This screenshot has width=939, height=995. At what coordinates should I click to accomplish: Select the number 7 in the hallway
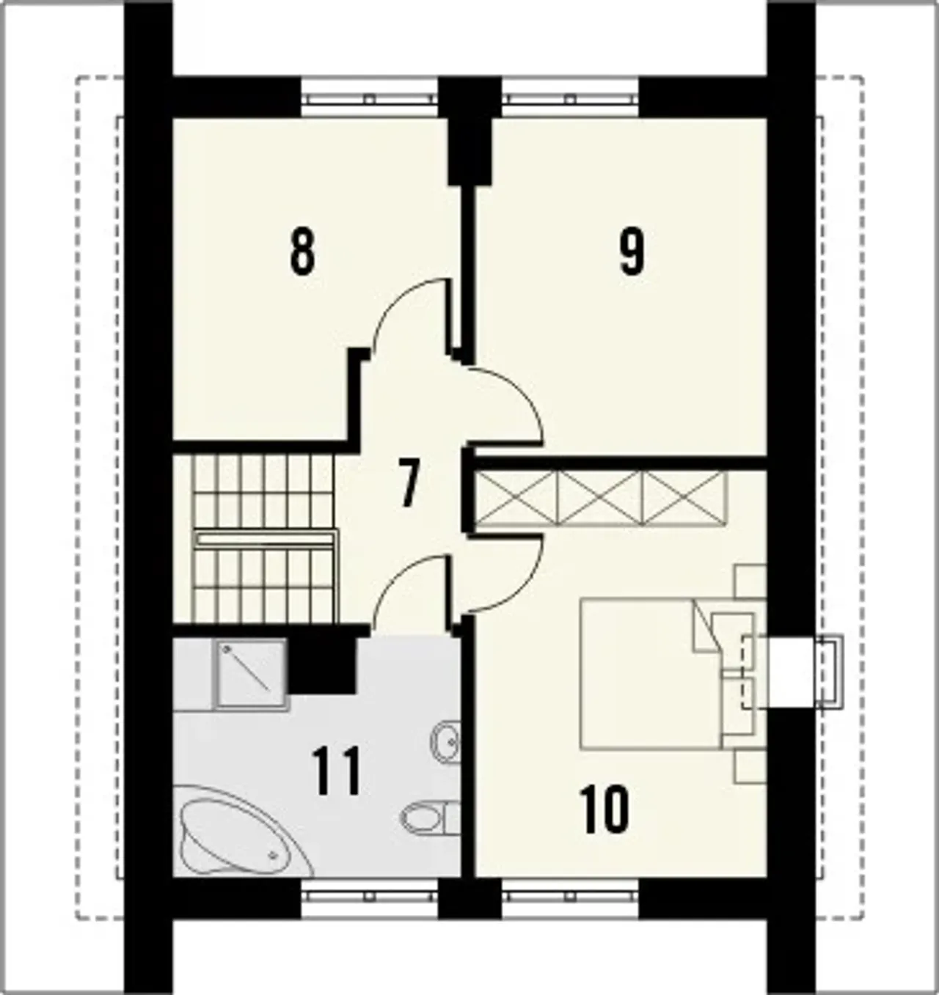[x=409, y=485]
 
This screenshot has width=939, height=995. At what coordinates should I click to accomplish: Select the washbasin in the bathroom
[x=445, y=742]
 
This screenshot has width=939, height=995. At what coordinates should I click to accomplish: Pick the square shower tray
[x=252, y=675]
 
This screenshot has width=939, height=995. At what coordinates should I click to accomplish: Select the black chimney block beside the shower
[x=322, y=665]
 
